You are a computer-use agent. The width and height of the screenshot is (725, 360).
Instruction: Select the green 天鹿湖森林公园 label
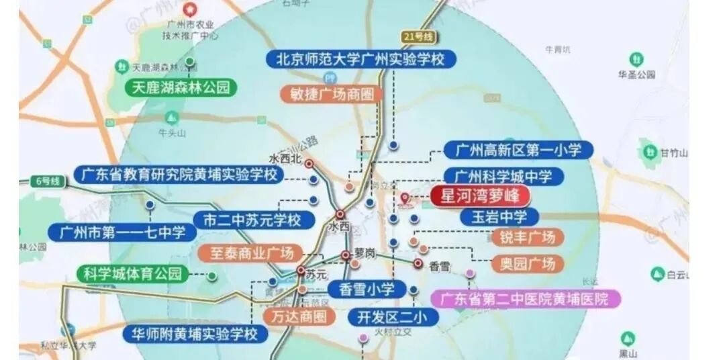[x=181, y=87]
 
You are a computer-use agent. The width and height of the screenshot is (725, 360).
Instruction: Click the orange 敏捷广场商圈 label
[x=332, y=94]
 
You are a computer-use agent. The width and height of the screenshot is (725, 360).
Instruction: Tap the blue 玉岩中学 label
[x=502, y=217]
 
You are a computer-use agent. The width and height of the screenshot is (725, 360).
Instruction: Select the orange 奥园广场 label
[x=527, y=264]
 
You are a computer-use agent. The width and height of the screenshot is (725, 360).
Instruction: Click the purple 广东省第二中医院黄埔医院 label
[x=524, y=298]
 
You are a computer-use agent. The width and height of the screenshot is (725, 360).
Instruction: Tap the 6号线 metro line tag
[x=48, y=181]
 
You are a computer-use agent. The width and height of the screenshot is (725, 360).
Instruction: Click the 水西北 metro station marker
[x=309, y=163]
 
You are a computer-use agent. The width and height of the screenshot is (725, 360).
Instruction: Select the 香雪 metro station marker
[x=418, y=264]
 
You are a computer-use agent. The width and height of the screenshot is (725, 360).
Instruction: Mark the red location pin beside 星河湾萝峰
[x=405, y=198]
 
